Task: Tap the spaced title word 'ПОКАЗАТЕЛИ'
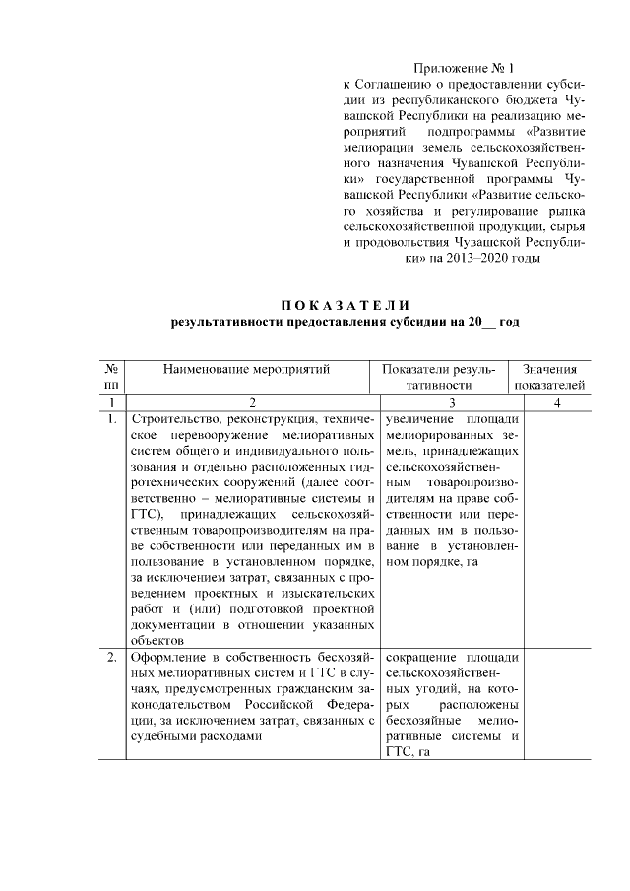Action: [x=345, y=303]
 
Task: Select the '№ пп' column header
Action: [x=111, y=376]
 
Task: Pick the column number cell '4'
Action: [x=557, y=402]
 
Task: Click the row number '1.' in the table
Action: [x=111, y=419]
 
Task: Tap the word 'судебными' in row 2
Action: [x=161, y=735]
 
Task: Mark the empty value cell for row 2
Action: [x=557, y=704]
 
